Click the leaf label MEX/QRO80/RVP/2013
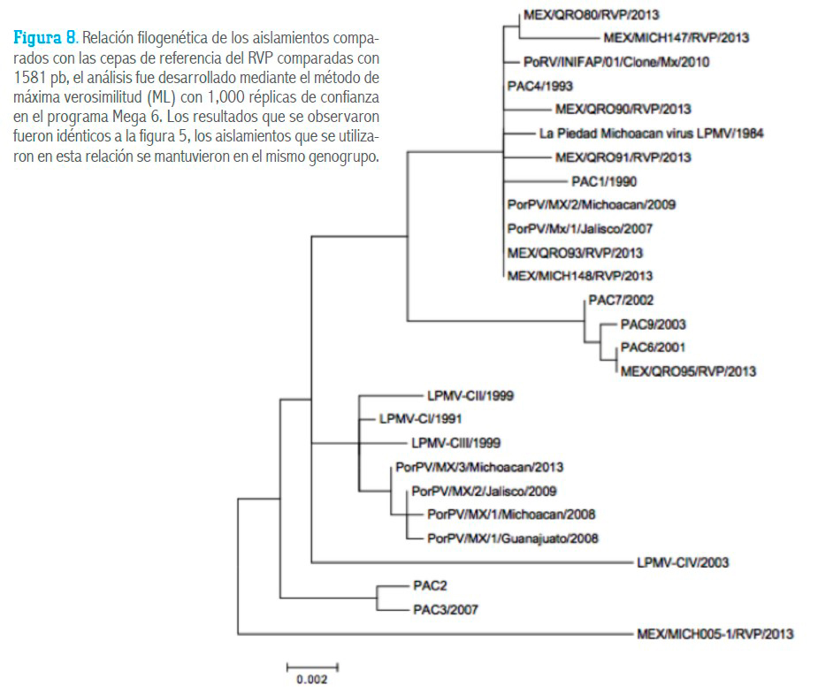(592, 15)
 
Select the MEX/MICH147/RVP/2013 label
(677, 37)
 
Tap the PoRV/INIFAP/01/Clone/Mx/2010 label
(616, 62)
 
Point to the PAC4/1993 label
(540, 86)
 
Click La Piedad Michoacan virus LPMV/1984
(652, 134)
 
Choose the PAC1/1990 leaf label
(604, 181)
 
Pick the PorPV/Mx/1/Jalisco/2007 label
(580, 228)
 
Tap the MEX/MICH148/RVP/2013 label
(580, 276)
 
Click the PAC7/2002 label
(621, 300)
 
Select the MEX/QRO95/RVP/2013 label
(688, 371)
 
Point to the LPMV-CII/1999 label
(470, 396)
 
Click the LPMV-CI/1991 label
(420, 419)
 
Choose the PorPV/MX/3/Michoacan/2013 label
(479, 467)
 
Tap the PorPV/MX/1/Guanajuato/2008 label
(513, 538)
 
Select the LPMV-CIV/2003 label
(683, 562)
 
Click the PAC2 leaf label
(430, 586)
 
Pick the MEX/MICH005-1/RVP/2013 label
(715, 634)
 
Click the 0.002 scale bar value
(312, 679)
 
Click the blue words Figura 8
(45, 37)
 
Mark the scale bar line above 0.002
(312, 667)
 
